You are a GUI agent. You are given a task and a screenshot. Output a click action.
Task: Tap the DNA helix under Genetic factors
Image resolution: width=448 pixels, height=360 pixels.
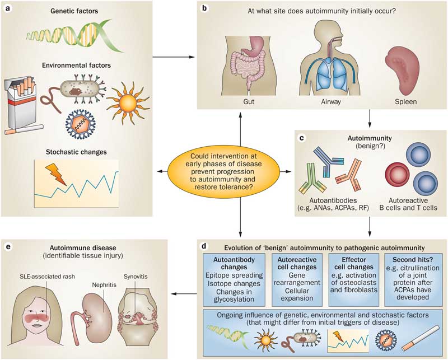[x=78, y=36]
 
